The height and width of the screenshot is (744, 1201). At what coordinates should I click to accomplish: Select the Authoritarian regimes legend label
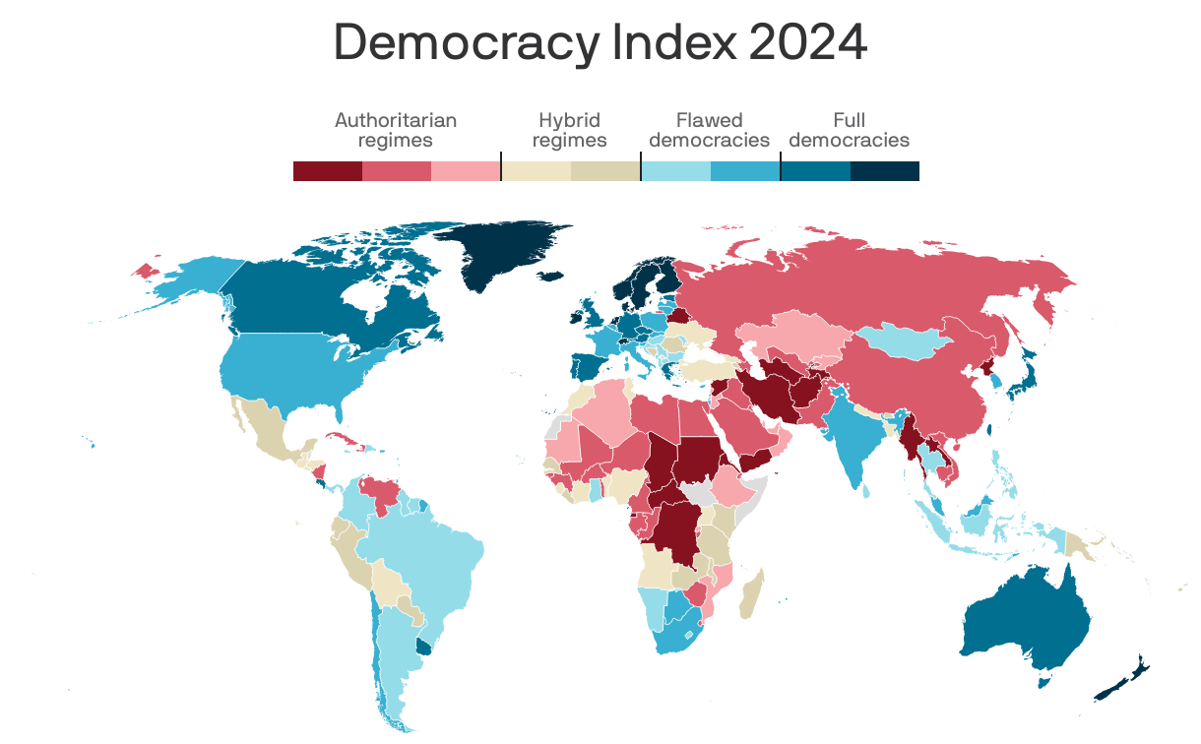click(396, 130)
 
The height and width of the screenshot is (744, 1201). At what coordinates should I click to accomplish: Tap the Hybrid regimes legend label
click(569, 130)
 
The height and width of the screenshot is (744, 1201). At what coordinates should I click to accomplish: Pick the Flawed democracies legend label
click(709, 130)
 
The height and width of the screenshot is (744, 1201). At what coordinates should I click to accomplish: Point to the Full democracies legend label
click(849, 130)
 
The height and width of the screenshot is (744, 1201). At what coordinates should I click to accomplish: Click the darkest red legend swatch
click(328, 171)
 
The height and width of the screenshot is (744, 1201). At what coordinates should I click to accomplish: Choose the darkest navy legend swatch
click(884, 171)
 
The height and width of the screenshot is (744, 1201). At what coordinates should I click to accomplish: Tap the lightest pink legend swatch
click(466, 171)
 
